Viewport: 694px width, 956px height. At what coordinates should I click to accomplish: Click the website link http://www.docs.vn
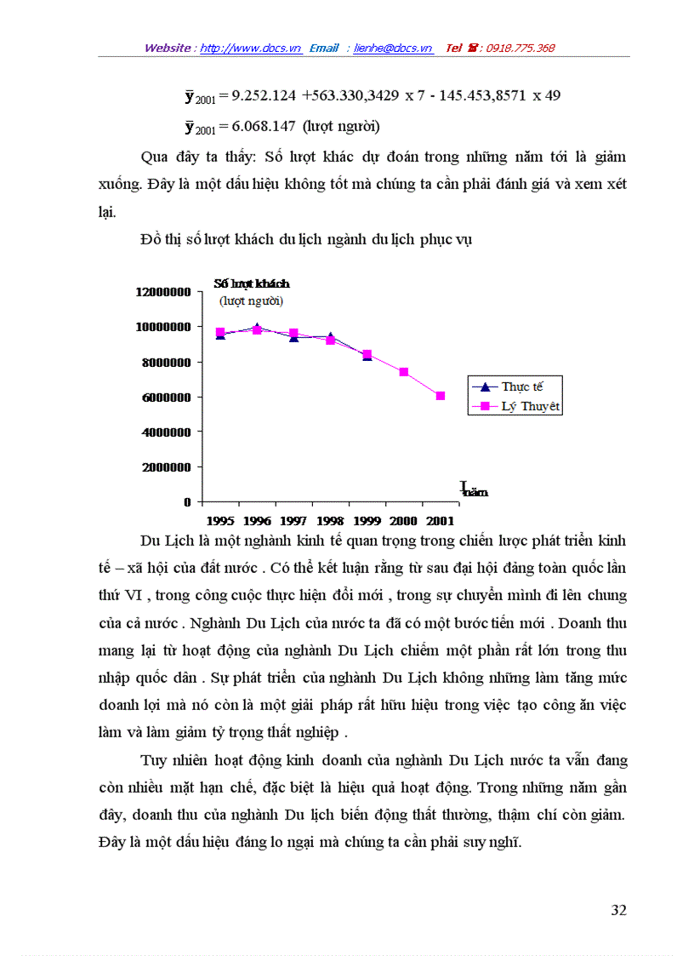coord(251,49)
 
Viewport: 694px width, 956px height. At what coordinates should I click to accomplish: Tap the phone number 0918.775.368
coord(520,49)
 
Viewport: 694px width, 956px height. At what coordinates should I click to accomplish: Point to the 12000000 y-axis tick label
coord(162,292)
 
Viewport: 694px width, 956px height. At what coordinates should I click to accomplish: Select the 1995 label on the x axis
coord(220,520)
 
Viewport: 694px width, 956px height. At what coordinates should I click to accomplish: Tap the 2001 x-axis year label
coord(440,520)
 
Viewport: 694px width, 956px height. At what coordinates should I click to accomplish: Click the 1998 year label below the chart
coord(330,520)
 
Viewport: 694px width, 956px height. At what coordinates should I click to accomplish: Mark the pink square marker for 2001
coord(441,396)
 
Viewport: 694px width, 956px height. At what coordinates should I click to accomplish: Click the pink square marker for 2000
coord(404,372)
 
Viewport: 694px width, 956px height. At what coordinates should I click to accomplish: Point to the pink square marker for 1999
coord(367,354)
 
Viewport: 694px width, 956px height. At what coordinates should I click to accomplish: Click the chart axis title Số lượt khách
coord(251,283)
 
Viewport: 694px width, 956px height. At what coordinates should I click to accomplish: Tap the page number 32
coord(618,910)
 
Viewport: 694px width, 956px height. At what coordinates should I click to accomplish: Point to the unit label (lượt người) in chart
coord(251,301)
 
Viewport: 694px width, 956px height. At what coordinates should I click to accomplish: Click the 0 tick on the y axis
coord(186,502)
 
